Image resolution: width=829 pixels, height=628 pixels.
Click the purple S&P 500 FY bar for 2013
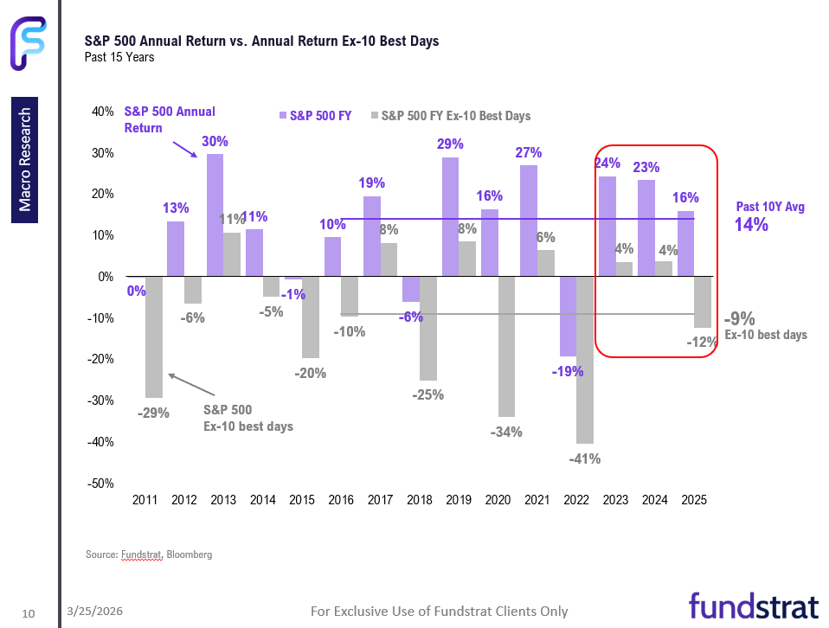(x=215, y=215)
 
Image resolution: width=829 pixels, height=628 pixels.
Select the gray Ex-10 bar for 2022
(x=585, y=360)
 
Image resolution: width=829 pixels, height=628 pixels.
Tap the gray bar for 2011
(x=154, y=336)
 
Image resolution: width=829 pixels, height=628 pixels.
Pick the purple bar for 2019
(x=450, y=217)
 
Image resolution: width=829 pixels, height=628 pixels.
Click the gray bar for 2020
(x=506, y=347)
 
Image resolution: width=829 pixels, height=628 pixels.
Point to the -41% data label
(x=585, y=458)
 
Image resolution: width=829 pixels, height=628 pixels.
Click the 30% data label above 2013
(x=215, y=141)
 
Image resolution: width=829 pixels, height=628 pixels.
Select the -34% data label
(x=505, y=432)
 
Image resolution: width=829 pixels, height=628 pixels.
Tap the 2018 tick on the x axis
(x=419, y=500)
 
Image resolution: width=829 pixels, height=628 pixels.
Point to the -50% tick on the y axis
(x=102, y=484)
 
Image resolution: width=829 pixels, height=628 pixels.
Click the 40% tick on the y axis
(x=102, y=112)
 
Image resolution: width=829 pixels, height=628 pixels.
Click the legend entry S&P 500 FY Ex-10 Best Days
(x=455, y=116)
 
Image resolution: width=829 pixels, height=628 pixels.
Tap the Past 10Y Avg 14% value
(x=752, y=225)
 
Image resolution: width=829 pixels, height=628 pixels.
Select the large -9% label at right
(x=741, y=318)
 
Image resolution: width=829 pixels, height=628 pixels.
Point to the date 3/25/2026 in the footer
(x=95, y=612)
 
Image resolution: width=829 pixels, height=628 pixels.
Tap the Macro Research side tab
(x=24, y=159)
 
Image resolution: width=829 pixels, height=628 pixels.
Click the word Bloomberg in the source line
(x=190, y=554)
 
